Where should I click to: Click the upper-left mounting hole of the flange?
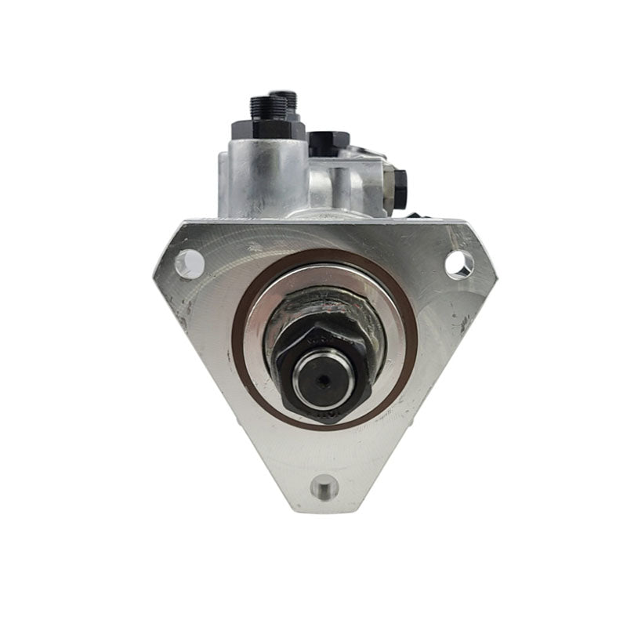[189, 263]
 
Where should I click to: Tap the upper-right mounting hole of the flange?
[458, 264]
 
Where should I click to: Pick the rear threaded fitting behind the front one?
[289, 99]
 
